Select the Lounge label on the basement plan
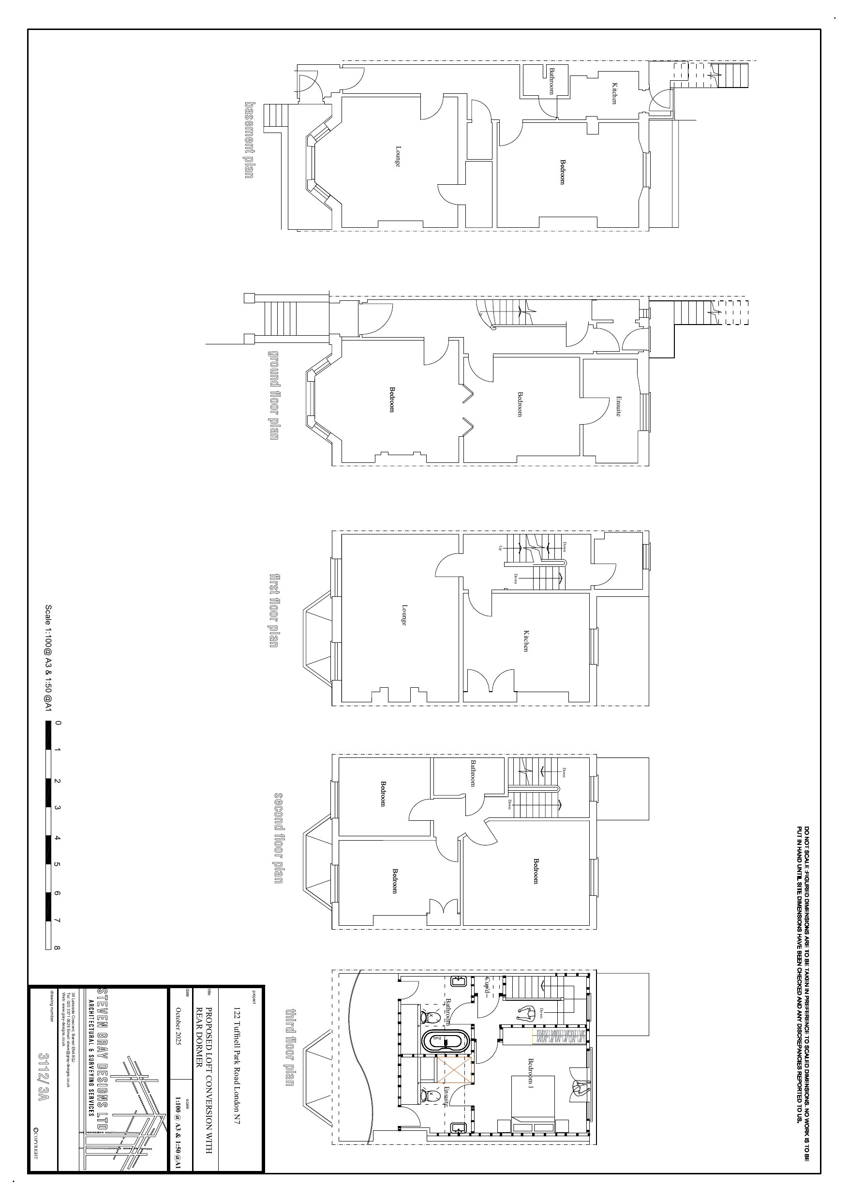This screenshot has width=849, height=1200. coord(398,156)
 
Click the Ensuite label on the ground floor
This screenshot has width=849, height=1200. coord(618,406)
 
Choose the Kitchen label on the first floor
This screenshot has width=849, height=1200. coord(525,640)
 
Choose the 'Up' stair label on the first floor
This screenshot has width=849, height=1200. coord(500,548)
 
